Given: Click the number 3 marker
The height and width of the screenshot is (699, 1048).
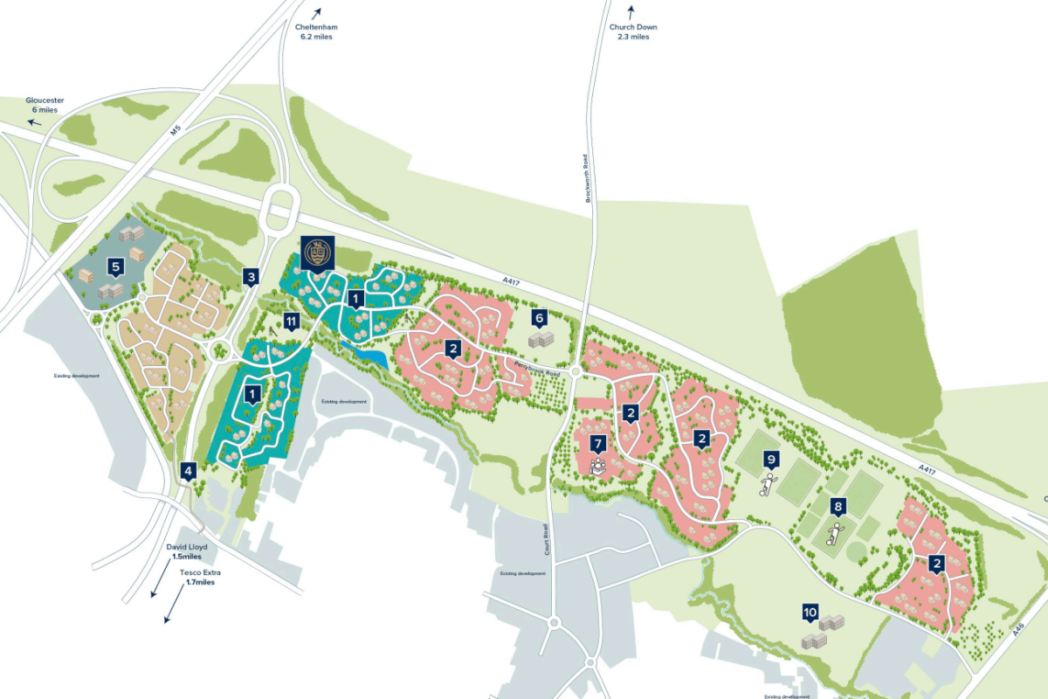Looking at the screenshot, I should (252, 278).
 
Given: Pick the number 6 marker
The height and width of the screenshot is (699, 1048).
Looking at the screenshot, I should (540, 318).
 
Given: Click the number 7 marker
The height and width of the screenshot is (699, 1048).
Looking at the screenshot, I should (598, 444).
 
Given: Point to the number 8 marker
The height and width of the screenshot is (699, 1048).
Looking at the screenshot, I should (838, 507).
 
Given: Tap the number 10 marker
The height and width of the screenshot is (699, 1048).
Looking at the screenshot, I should (810, 612).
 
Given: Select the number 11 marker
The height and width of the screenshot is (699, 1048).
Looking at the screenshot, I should (292, 322).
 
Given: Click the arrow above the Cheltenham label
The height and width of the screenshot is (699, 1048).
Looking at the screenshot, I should (316, 12).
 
